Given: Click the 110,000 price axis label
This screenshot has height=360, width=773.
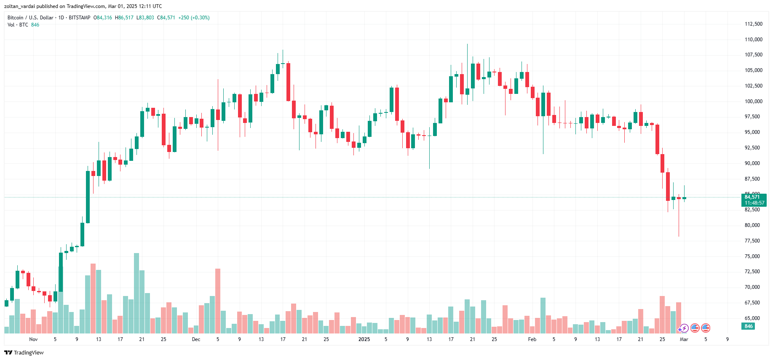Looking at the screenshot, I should [x=753, y=40].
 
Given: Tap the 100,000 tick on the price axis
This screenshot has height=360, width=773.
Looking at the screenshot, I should [x=753, y=101].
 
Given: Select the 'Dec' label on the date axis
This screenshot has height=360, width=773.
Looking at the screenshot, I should [x=196, y=339].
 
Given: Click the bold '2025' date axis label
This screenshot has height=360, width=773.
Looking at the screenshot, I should [x=364, y=339].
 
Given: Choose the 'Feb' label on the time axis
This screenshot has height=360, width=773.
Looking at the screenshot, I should [x=532, y=339].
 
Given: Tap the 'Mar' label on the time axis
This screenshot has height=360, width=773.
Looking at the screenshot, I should [x=684, y=339].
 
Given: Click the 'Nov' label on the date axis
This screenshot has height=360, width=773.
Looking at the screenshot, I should [x=33, y=339].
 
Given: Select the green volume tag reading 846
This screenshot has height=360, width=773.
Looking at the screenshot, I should [x=749, y=326].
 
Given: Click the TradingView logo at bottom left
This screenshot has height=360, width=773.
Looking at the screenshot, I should [x=24, y=352].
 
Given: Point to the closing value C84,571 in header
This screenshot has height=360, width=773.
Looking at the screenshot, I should [x=166, y=18].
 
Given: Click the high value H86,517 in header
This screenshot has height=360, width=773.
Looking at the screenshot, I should [x=124, y=18].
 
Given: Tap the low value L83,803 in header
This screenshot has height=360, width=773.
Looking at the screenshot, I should [x=145, y=18].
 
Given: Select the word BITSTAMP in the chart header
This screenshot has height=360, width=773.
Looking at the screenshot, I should [x=80, y=18].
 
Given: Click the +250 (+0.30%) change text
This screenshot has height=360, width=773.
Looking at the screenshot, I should [x=194, y=18].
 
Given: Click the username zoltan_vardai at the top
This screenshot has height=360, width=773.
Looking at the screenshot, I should [x=19, y=6].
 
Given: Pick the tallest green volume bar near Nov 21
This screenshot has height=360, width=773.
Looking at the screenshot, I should [x=136, y=293].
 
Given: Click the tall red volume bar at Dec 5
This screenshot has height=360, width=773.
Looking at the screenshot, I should [x=218, y=301].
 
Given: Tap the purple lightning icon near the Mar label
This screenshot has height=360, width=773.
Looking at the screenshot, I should [x=684, y=328].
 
